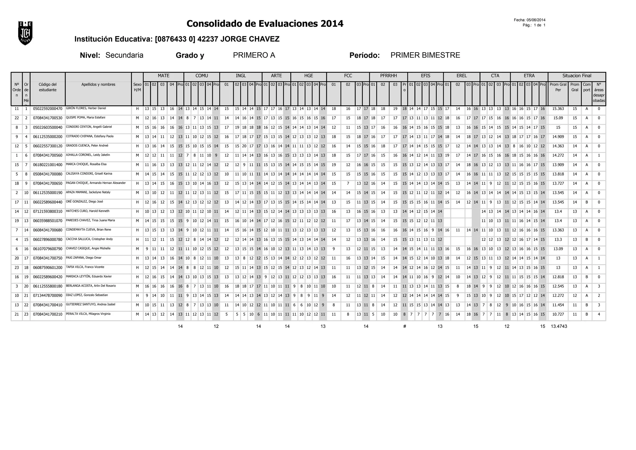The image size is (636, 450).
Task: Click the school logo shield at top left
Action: pos(25,33)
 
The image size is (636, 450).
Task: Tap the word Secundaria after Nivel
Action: pos(124,55)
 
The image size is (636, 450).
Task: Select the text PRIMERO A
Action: pos(254,55)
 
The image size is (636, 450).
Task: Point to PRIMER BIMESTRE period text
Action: pos(425,55)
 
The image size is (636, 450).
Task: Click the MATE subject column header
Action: pos(163,76)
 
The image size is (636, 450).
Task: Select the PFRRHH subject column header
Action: pos(388,76)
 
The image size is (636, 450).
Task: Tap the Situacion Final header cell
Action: pos(577,76)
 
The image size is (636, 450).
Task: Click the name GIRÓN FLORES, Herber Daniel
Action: pos(86,108)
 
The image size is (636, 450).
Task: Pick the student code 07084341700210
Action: pos(48,314)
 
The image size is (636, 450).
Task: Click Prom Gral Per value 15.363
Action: pos(558,109)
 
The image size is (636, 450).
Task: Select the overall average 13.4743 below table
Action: pos(559,326)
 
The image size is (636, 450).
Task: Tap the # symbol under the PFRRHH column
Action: pos(404,326)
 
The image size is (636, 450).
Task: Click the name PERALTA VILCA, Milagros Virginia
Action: pos(88,314)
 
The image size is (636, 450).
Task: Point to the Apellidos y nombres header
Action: pos(98,85)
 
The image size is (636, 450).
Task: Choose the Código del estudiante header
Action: pos(48,87)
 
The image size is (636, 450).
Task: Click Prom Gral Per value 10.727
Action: pos(558,314)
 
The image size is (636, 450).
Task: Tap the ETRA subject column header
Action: pos(529,76)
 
